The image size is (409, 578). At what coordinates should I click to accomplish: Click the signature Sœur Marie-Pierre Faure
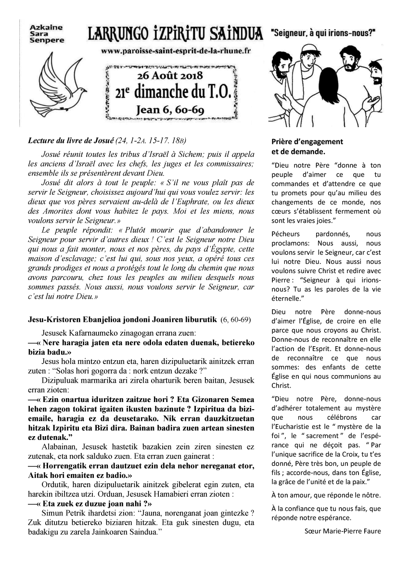[343, 531]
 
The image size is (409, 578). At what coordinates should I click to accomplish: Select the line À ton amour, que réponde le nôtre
[326, 495]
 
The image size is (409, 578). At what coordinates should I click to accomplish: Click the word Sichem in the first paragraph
[194, 155]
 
